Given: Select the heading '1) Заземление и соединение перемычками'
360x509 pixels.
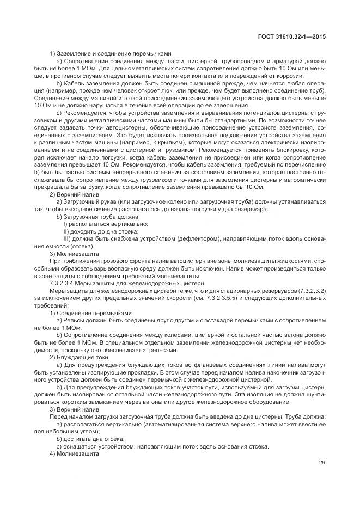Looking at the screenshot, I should pos(110,53).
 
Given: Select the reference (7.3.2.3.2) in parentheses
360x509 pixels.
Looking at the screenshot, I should pos(310,291).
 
